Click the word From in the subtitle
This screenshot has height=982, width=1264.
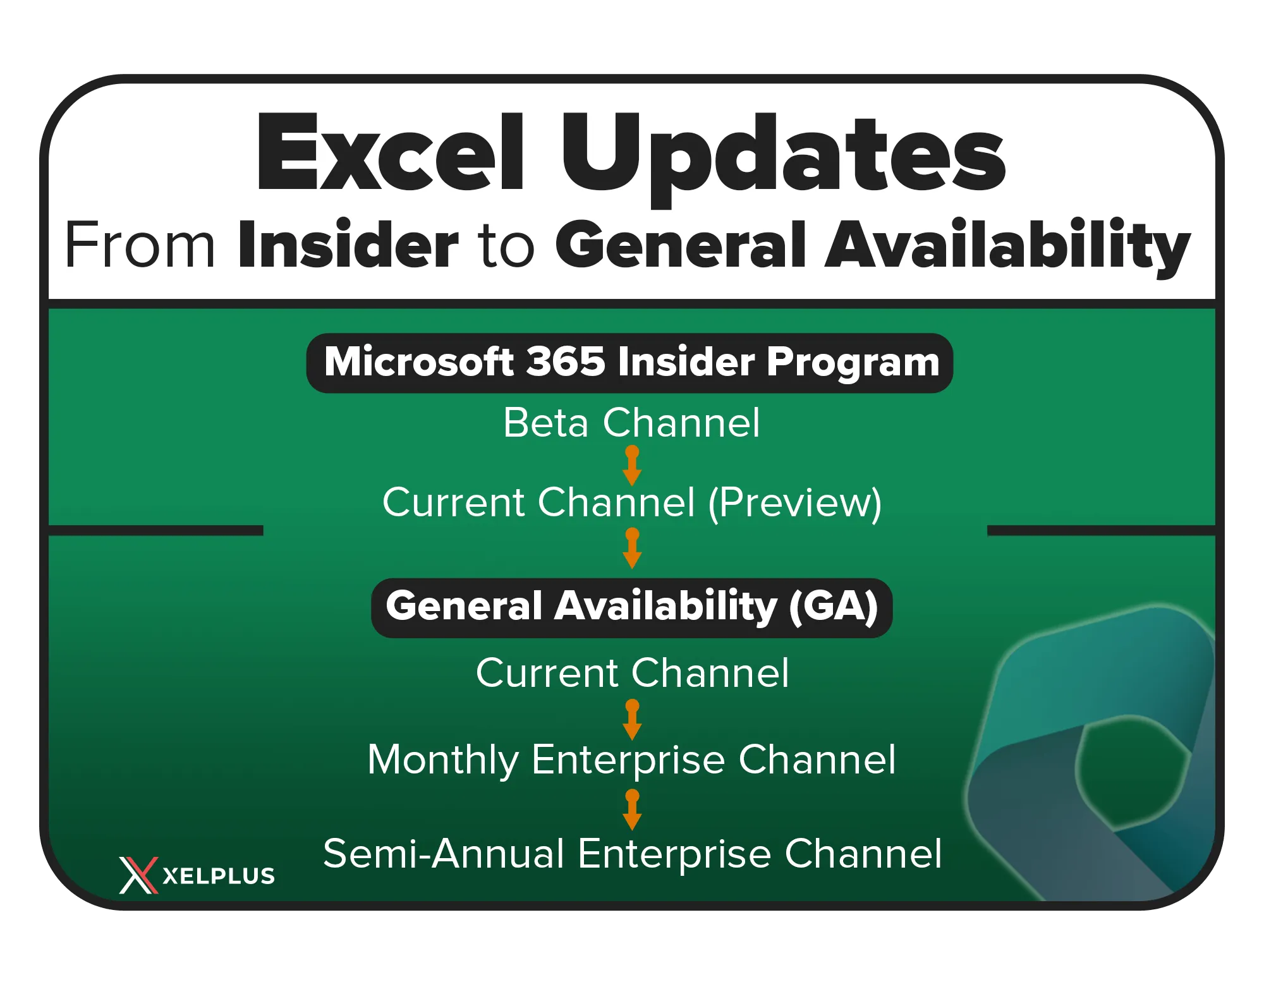[140, 245]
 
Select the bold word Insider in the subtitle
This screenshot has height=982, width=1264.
[348, 243]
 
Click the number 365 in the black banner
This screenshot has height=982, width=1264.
[566, 362]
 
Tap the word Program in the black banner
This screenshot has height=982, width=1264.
[853, 363]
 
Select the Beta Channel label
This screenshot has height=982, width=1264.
[631, 422]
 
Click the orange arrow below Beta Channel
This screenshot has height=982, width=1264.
[632, 466]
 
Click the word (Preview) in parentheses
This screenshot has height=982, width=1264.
[795, 504]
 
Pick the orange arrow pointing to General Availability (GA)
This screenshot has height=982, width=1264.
[632, 549]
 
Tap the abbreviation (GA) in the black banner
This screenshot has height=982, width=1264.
[834, 607]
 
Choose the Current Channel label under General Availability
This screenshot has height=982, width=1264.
[633, 672]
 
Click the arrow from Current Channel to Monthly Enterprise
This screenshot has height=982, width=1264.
[632, 720]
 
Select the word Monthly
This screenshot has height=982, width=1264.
[443, 760]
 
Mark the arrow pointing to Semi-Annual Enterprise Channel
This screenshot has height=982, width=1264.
[632, 810]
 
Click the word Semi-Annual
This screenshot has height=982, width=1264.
[443, 854]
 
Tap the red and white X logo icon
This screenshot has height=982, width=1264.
[138, 875]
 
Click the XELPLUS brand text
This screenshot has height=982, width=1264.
[219, 876]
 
